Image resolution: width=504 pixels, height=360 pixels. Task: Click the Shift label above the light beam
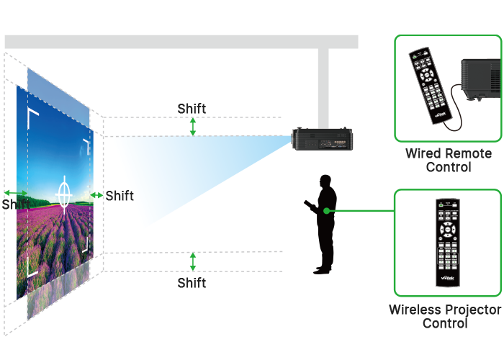tap(192, 109)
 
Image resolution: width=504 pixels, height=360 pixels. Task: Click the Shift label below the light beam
tap(192, 283)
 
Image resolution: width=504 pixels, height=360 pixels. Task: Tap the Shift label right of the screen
tap(120, 195)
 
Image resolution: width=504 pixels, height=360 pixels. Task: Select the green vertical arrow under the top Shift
tap(192, 127)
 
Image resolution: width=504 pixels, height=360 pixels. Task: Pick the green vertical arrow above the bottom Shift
tap(192, 261)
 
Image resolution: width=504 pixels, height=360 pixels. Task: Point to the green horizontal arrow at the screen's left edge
tap(14, 193)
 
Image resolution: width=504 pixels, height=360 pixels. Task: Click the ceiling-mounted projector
tap(324, 139)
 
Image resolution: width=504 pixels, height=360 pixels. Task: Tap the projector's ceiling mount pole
tap(323, 86)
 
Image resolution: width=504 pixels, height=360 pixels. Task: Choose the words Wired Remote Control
tap(448, 160)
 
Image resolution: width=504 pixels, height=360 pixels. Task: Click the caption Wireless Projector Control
tap(445, 316)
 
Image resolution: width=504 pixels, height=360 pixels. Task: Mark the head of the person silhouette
tap(326, 181)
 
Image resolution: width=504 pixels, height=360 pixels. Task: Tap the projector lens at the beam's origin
tap(294, 139)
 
